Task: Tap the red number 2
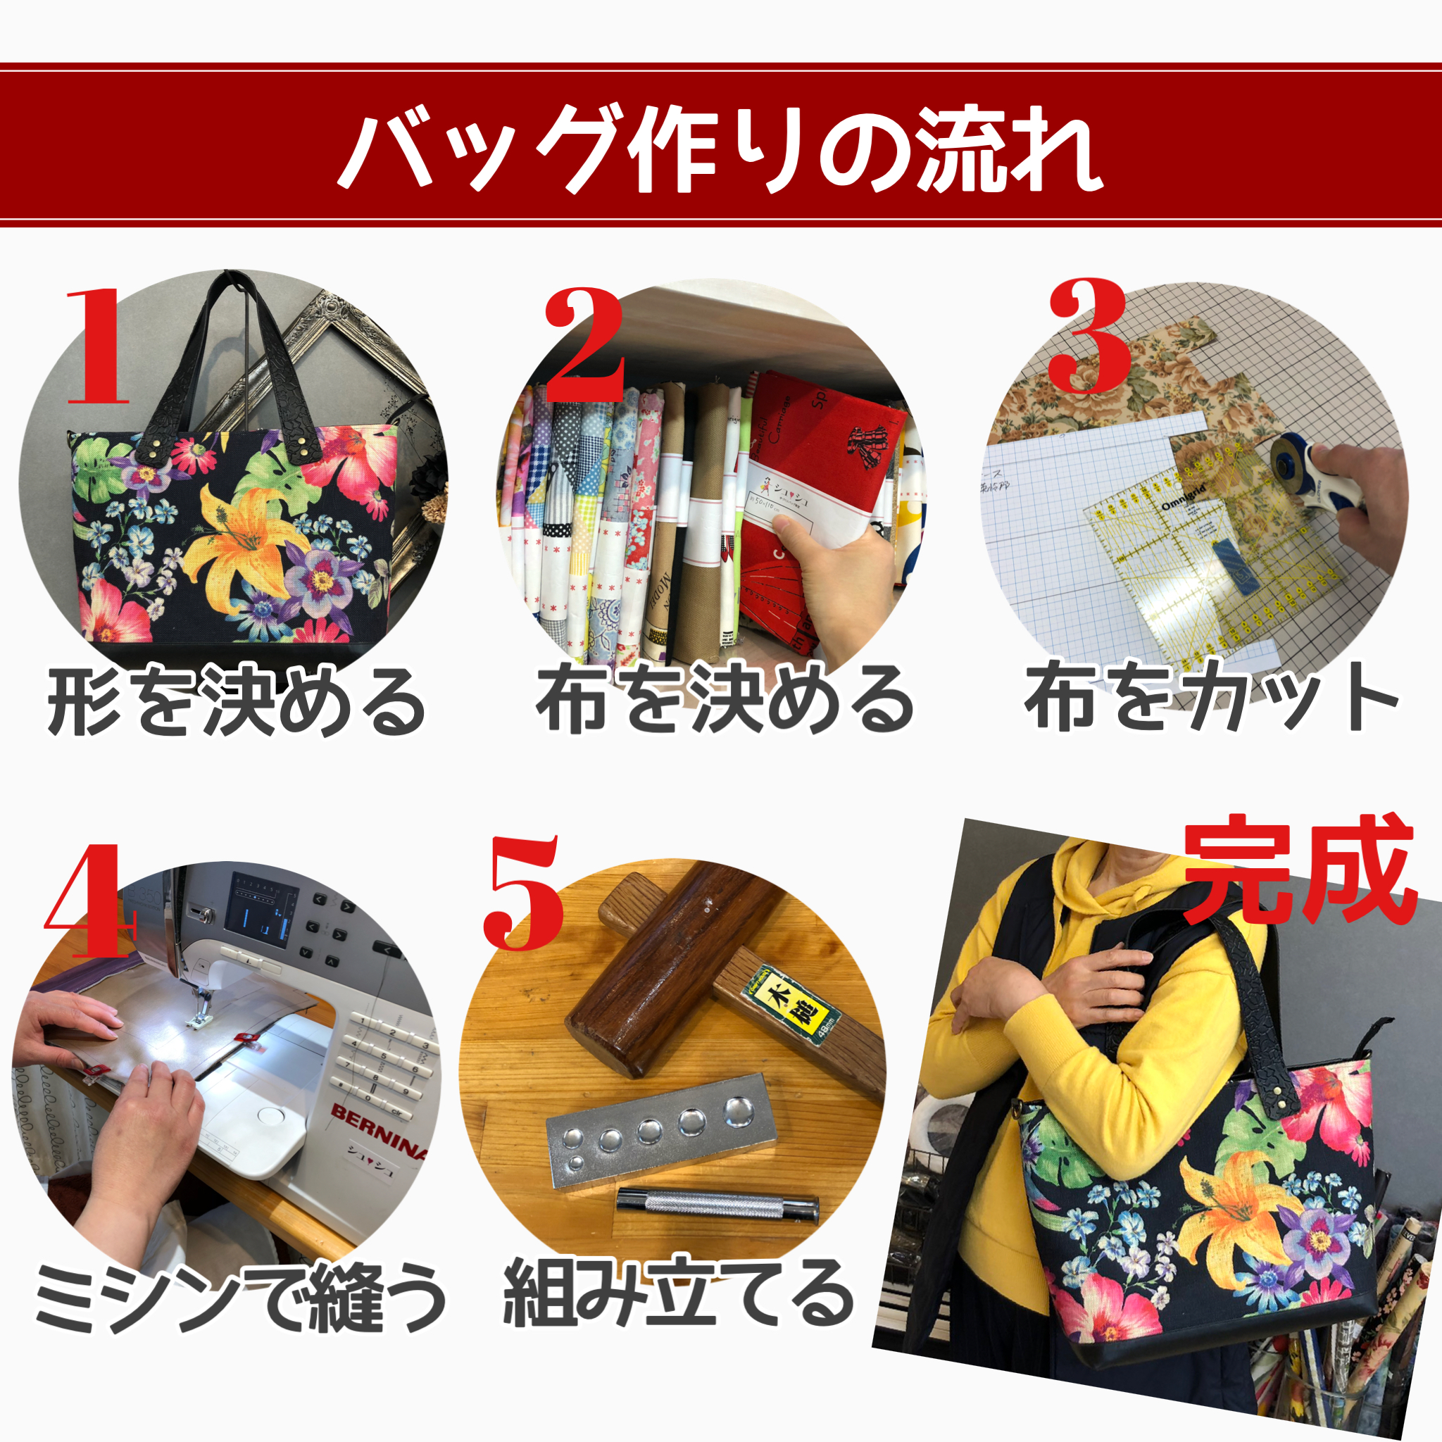584,345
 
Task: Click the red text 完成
1298,870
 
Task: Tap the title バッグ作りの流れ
720,149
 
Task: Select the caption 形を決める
235,701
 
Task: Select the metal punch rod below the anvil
717,1203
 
